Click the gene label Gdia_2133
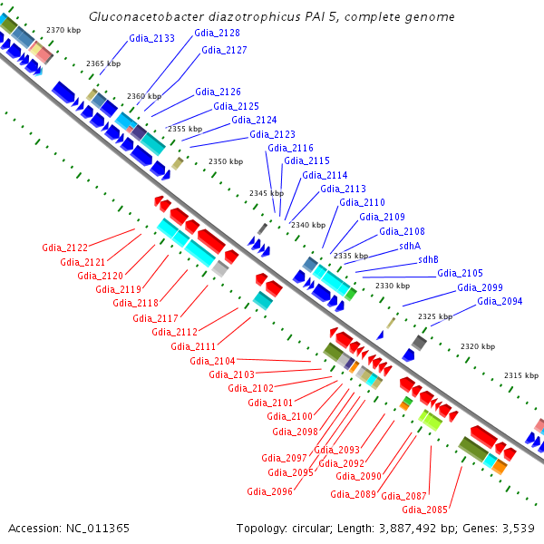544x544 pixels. tap(151, 38)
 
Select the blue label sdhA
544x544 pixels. tap(410, 246)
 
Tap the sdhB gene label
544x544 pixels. tap(428, 259)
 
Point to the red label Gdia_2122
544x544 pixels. tap(65, 248)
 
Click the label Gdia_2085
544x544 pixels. tap(424, 510)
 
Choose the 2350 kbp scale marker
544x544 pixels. tap(226, 161)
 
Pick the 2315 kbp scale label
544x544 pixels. tap(521, 375)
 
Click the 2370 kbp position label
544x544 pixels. tap(63, 30)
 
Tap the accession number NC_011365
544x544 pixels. tap(98, 529)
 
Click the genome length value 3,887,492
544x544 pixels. tap(407, 529)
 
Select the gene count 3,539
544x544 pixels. tap(519, 529)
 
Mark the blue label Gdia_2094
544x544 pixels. tap(500, 301)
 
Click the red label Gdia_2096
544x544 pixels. tap(269, 491)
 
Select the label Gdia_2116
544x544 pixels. tap(290, 148)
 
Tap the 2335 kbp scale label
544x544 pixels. tap(351, 256)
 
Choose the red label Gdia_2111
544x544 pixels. tap(193, 346)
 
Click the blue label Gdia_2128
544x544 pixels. tap(217, 33)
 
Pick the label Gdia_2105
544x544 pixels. tap(460, 274)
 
